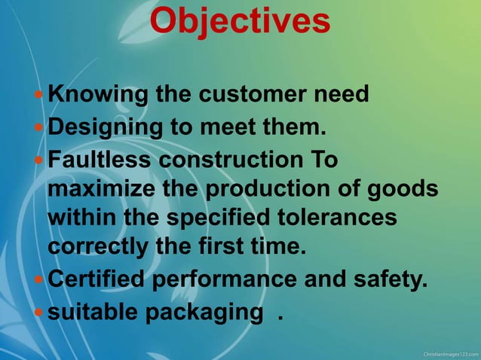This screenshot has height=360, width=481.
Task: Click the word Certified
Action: (x=97, y=279)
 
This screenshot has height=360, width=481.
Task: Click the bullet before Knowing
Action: (x=39, y=96)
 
